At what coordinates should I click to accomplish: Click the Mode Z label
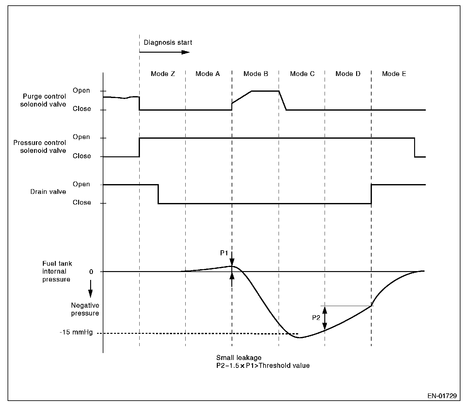pos(163,74)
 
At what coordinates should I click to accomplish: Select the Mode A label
pos(207,74)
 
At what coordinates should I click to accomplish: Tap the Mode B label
pos(256,74)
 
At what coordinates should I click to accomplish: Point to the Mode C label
pos(302,74)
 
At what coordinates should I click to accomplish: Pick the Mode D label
pos(348,74)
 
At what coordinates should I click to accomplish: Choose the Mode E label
pos(394,74)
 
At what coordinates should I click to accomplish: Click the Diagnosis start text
pos(168,43)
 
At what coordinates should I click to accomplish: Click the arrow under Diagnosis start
pos(165,52)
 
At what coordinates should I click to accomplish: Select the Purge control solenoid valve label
pos(43,100)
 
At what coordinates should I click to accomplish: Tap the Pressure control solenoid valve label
pos(40,147)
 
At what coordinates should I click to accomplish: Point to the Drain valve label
pos(48,192)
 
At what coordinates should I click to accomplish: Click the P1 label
pos(224,253)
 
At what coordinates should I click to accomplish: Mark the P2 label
pos(316,318)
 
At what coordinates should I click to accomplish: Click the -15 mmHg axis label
pos(76,332)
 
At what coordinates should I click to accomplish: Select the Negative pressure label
pos(85,309)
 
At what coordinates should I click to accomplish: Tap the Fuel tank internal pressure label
pos(57,271)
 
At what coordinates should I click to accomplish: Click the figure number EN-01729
pos(442,396)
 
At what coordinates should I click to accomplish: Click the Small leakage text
pos(239,357)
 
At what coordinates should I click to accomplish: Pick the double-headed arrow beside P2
pos(325,318)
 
